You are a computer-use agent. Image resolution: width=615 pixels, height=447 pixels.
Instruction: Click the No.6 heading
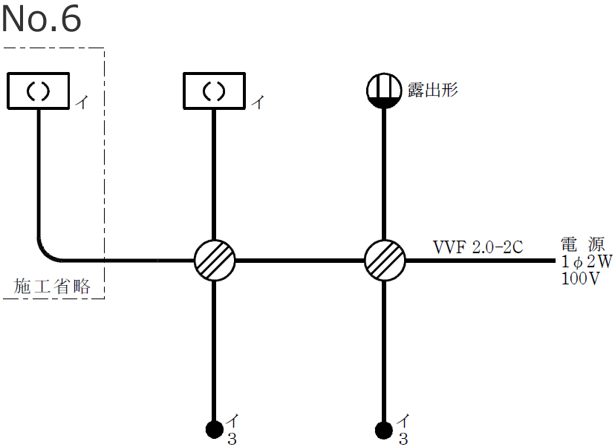click(41, 20)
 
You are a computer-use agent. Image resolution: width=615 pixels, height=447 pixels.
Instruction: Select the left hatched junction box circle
click(215, 260)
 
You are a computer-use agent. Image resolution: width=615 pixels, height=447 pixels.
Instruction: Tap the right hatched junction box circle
click(385, 260)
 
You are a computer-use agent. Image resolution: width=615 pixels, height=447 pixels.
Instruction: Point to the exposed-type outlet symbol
click(384, 91)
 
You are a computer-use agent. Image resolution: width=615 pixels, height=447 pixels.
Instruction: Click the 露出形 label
click(433, 91)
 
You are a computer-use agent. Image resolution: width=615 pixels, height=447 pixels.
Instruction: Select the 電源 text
click(583, 244)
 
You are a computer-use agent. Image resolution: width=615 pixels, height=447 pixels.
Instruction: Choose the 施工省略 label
click(53, 287)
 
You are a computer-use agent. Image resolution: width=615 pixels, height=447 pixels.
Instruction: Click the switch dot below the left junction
click(214, 428)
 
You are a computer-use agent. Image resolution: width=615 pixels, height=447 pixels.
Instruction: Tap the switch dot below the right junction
click(384, 428)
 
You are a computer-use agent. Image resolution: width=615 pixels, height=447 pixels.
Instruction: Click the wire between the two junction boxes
click(299, 261)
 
